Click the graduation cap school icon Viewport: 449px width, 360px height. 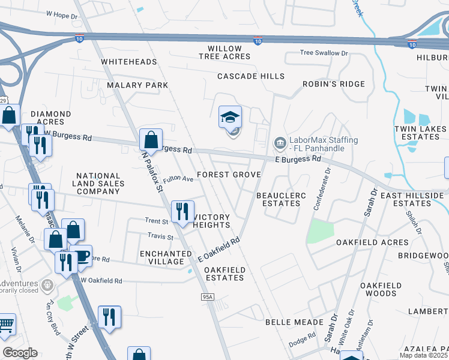(229, 118)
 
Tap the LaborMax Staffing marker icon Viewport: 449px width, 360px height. (279, 143)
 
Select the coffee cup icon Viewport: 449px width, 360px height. (81, 256)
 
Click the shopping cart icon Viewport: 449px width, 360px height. (5, 325)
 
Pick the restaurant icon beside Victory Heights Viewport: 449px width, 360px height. (181, 211)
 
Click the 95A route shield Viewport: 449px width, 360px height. (208, 297)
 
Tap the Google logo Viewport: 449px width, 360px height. (20, 353)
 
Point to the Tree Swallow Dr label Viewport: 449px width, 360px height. (324, 53)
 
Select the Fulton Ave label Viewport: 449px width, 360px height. (178, 179)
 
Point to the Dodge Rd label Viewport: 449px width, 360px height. (303, 339)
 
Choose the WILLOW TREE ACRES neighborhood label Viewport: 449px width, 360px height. (224, 52)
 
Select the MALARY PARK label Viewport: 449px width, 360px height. (137, 85)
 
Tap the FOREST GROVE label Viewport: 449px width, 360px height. (229, 175)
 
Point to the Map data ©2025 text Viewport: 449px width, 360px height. (423, 355)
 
